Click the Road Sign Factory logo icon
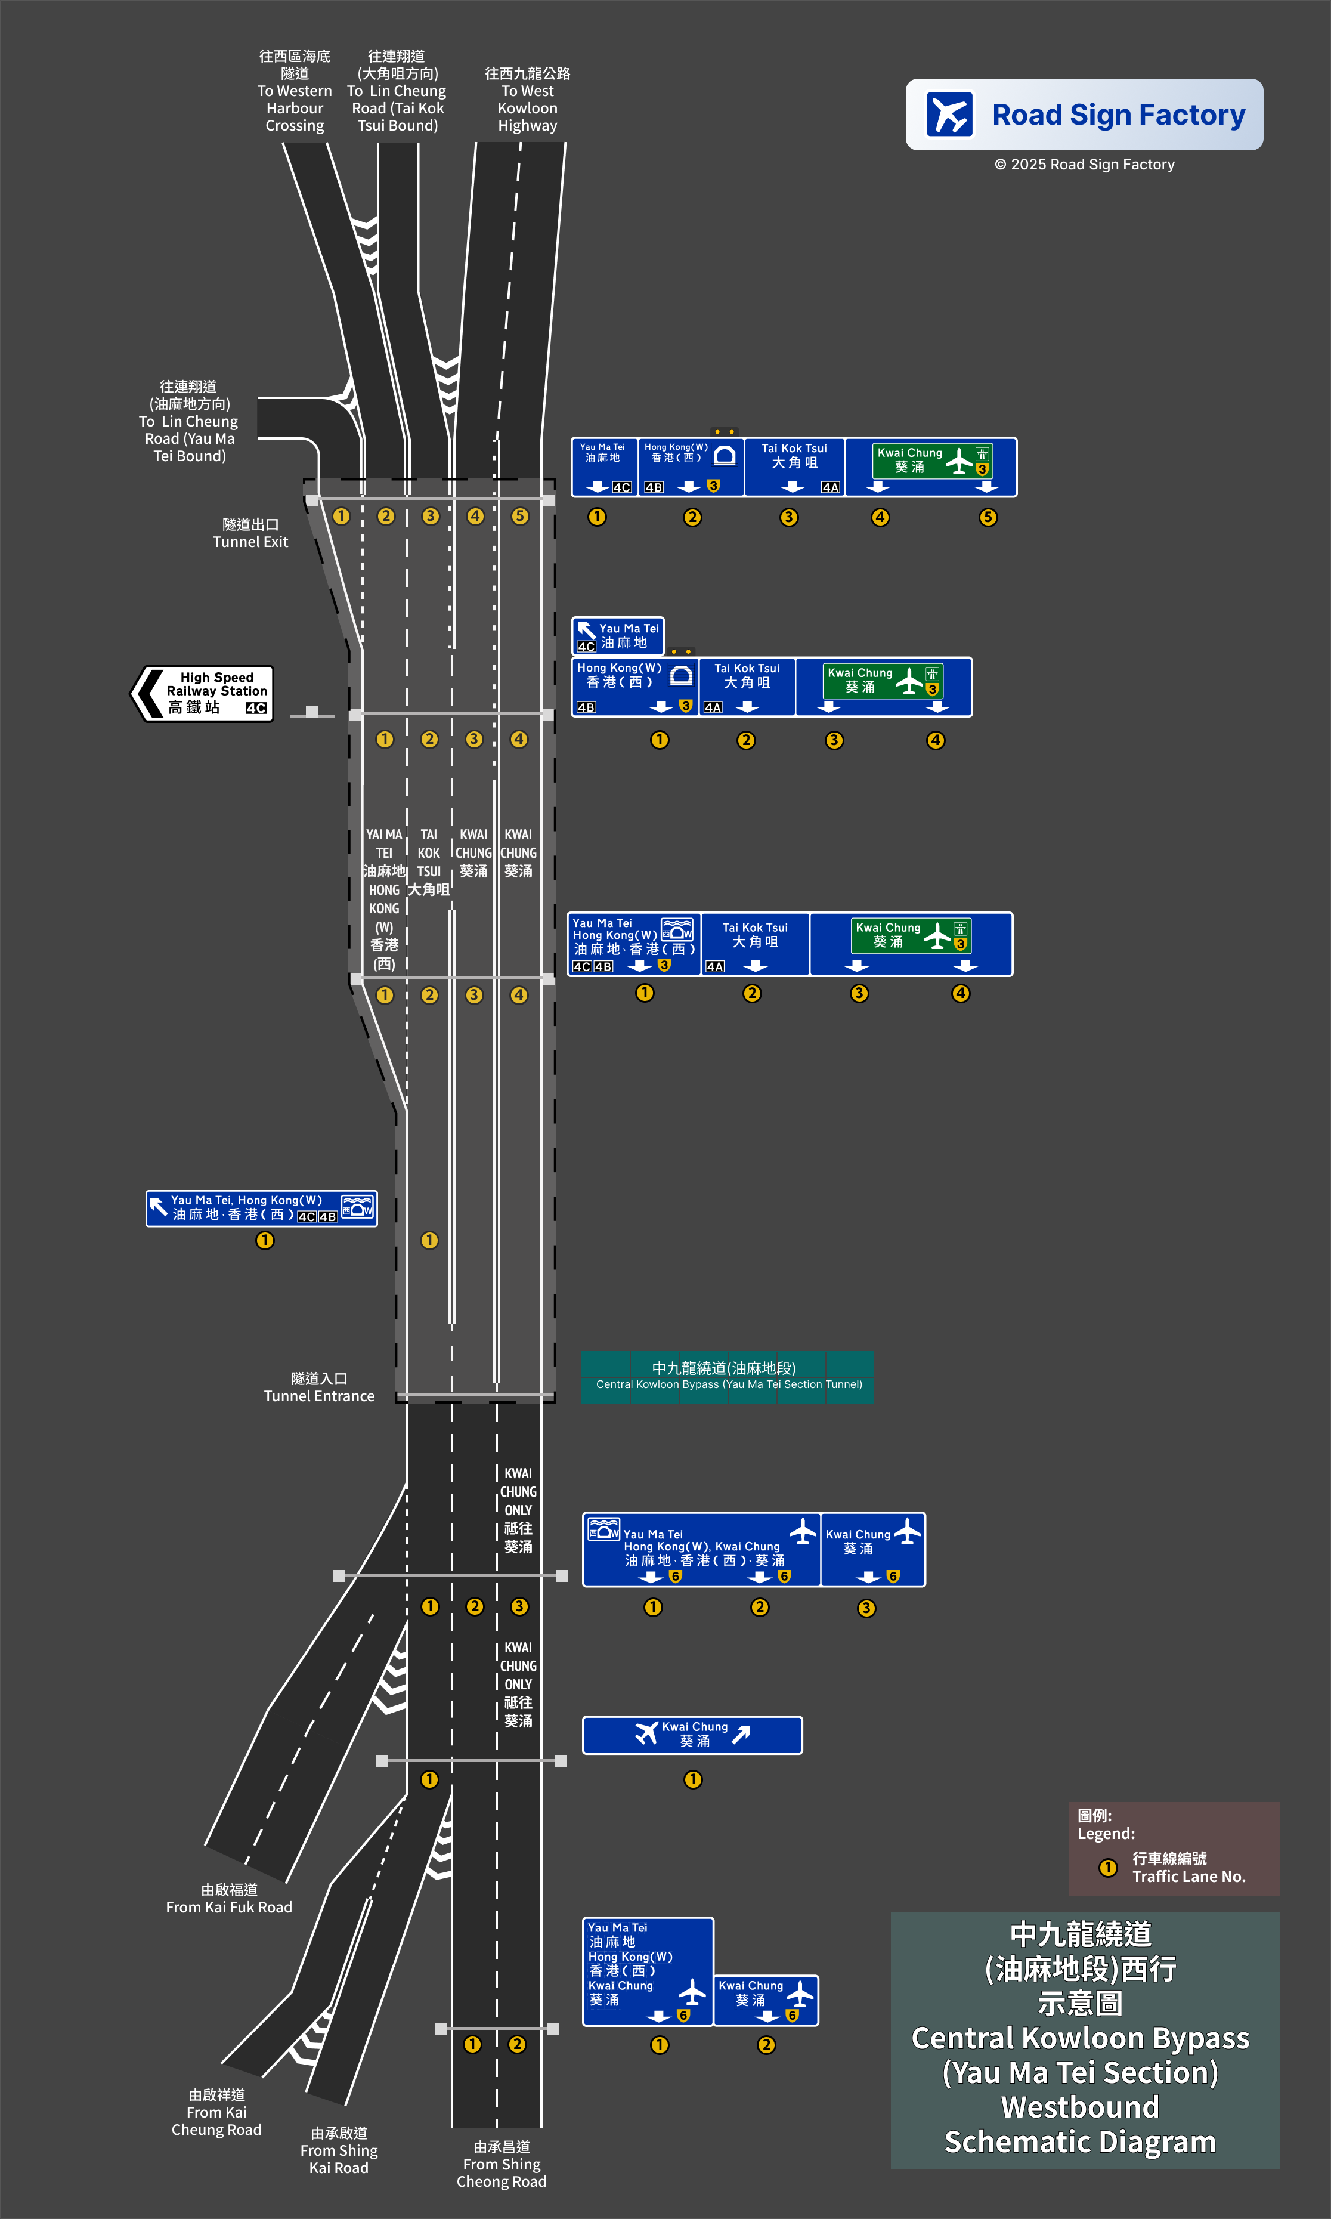[x=949, y=115]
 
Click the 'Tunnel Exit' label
[x=250, y=533]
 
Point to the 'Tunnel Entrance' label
[x=318, y=1387]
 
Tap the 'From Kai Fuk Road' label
[x=229, y=1898]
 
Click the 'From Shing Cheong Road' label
[x=502, y=2164]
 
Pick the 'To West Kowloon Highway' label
[x=527, y=100]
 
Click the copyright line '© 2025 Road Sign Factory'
[x=1084, y=164]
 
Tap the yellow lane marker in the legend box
[x=1107, y=1868]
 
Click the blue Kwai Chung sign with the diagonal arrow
[x=692, y=1735]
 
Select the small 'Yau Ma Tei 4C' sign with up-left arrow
[x=617, y=635]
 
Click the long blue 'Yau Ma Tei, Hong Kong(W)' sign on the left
[x=261, y=1207]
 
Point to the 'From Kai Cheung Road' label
[x=216, y=2112]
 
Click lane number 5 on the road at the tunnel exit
[x=520, y=516]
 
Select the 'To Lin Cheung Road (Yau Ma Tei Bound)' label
[x=188, y=421]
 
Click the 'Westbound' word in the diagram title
[x=1080, y=2106]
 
